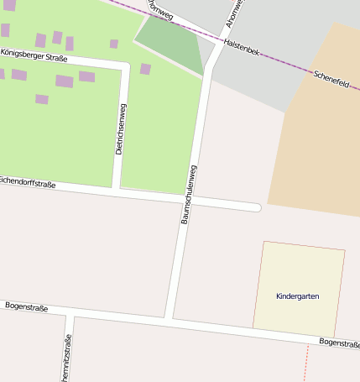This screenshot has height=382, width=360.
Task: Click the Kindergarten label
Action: click(298, 296)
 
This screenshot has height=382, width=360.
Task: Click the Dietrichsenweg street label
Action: click(121, 128)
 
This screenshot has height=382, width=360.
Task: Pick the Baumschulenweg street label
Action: click(191, 193)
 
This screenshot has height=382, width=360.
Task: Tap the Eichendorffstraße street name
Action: click(27, 181)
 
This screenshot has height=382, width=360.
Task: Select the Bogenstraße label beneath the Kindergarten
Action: click(339, 343)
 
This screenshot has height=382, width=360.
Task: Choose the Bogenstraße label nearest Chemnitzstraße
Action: click(26, 308)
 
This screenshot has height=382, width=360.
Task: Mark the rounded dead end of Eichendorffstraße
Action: click(256, 207)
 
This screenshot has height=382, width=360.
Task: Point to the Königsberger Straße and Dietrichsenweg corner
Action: click(125, 66)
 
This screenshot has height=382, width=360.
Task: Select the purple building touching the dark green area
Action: click(145, 69)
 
